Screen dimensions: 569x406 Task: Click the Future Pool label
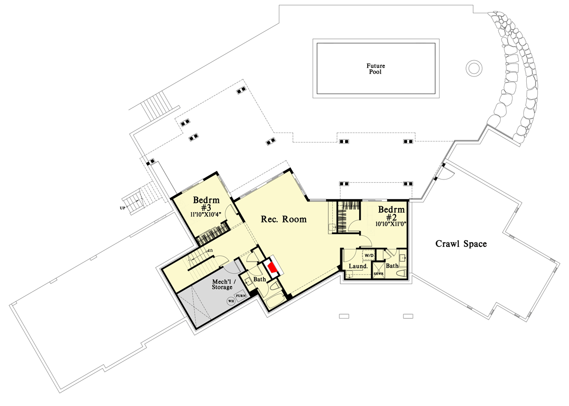[x=375, y=69]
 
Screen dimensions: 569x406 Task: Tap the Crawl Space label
[x=461, y=244]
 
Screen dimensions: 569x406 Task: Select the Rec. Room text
[x=284, y=219]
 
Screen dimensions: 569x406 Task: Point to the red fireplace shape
[x=272, y=268]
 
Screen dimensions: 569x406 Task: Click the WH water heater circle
[x=231, y=301]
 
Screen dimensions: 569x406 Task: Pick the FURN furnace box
[x=241, y=296]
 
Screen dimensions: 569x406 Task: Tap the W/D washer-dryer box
[x=369, y=255]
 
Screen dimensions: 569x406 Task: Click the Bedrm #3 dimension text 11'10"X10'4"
[x=206, y=214]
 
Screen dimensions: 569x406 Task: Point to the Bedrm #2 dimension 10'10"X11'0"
[x=391, y=224]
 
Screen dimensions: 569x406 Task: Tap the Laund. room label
[x=358, y=266]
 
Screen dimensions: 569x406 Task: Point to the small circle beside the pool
[x=474, y=67]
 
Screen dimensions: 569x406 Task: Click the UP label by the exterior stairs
[x=122, y=208]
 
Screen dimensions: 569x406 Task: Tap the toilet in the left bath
[x=275, y=287]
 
